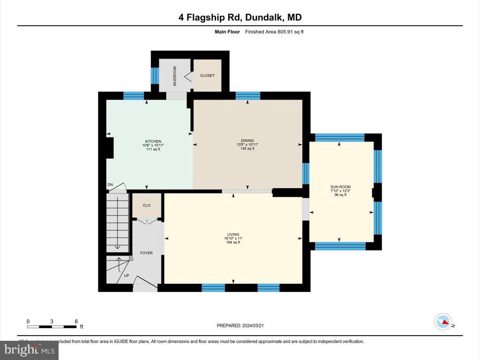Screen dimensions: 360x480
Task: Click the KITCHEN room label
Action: [153, 141]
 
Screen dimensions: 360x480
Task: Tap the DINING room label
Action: [247, 141]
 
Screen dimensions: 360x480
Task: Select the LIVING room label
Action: [233, 234]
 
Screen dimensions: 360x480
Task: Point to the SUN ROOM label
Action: [340, 187]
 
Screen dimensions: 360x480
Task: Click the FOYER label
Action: [146, 253]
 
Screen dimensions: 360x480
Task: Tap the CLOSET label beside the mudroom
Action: [207, 75]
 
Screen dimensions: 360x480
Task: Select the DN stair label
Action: [110, 185]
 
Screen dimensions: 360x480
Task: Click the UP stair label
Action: [127, 275]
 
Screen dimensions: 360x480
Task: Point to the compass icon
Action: [443, 321]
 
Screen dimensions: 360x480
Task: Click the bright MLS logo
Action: [29, 350]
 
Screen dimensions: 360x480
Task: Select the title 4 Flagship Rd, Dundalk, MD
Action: [240, 17]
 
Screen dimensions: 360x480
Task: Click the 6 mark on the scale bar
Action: [76, 322]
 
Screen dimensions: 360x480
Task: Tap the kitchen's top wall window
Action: [134, 96]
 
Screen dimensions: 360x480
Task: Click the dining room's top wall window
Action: [247, 96]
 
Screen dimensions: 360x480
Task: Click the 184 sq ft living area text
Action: [233, 242]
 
